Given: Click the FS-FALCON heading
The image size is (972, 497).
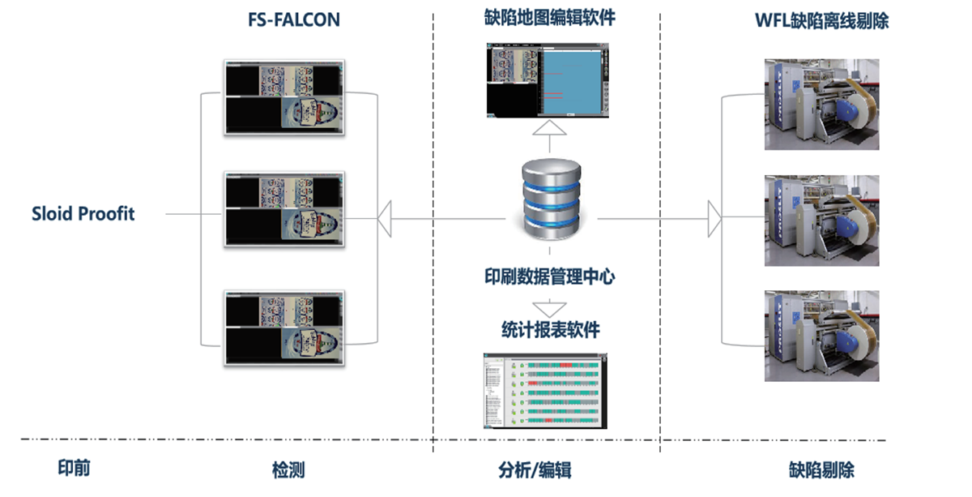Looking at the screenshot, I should pos(293,20).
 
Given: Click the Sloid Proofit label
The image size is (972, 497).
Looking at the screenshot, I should pos(83,214).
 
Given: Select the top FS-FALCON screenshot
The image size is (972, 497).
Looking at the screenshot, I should pos(283,97).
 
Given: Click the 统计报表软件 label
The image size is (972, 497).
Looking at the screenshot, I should pos(550,330).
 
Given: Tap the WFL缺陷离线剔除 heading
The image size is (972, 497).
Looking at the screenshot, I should pos(821,21).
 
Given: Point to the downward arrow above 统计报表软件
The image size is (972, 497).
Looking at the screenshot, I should pos(550,308).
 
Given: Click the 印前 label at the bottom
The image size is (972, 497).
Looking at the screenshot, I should pos(74,469).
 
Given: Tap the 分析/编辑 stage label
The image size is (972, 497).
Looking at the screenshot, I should pos(535,470).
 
